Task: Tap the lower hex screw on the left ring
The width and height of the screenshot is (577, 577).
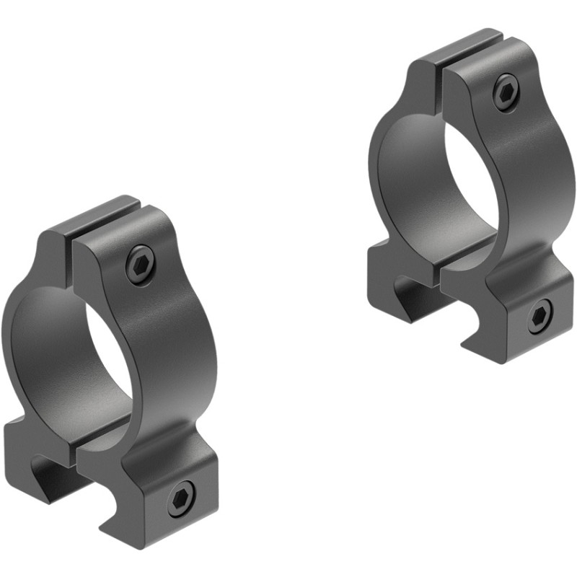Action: [x=181, y=498]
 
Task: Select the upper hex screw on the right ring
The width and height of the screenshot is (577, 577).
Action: [x=506, y=93]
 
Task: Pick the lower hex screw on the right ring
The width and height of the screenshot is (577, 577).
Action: [x=539, y=317]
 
